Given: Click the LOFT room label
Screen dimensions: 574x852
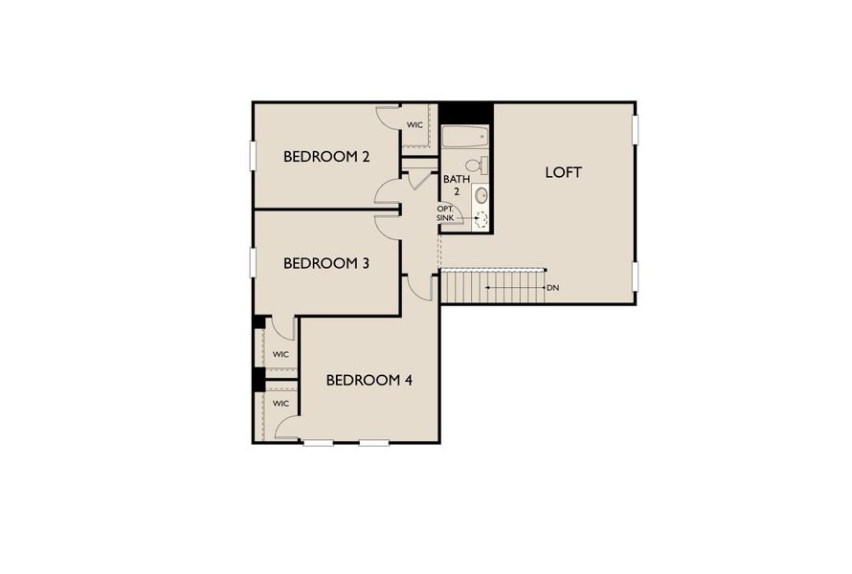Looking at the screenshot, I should point(563,173).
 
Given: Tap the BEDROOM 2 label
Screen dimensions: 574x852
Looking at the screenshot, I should point(326,157).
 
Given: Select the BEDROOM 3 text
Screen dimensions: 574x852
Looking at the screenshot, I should point(326,263).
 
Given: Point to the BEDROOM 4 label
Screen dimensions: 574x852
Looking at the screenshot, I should point(369,380).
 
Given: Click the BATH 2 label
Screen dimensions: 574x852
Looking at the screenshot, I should point(456,185).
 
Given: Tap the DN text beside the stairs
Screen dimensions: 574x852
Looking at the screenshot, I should point(552,287).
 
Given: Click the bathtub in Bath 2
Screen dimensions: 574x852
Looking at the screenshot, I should point(464,136).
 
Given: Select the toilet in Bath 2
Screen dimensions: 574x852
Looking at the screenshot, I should point(478,166).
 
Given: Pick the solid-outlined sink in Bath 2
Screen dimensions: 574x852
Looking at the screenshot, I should point(481,195).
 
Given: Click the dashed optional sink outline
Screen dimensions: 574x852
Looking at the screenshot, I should point(481,219).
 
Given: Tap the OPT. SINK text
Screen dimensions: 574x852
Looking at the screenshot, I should point(446,213).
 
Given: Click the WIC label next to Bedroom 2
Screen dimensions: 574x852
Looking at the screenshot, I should point(415,125).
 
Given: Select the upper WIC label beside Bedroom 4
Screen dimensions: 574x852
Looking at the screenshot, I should point(280,354).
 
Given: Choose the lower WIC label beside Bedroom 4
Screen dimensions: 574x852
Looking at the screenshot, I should point(280,404).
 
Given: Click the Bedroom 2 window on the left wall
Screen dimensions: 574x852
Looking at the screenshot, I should point(254,156).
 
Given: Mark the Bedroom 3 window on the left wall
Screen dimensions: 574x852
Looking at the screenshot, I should point(254,262).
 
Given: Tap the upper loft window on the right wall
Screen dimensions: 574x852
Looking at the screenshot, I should point(635,130).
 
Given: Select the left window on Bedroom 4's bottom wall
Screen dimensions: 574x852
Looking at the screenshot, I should point(319,442).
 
